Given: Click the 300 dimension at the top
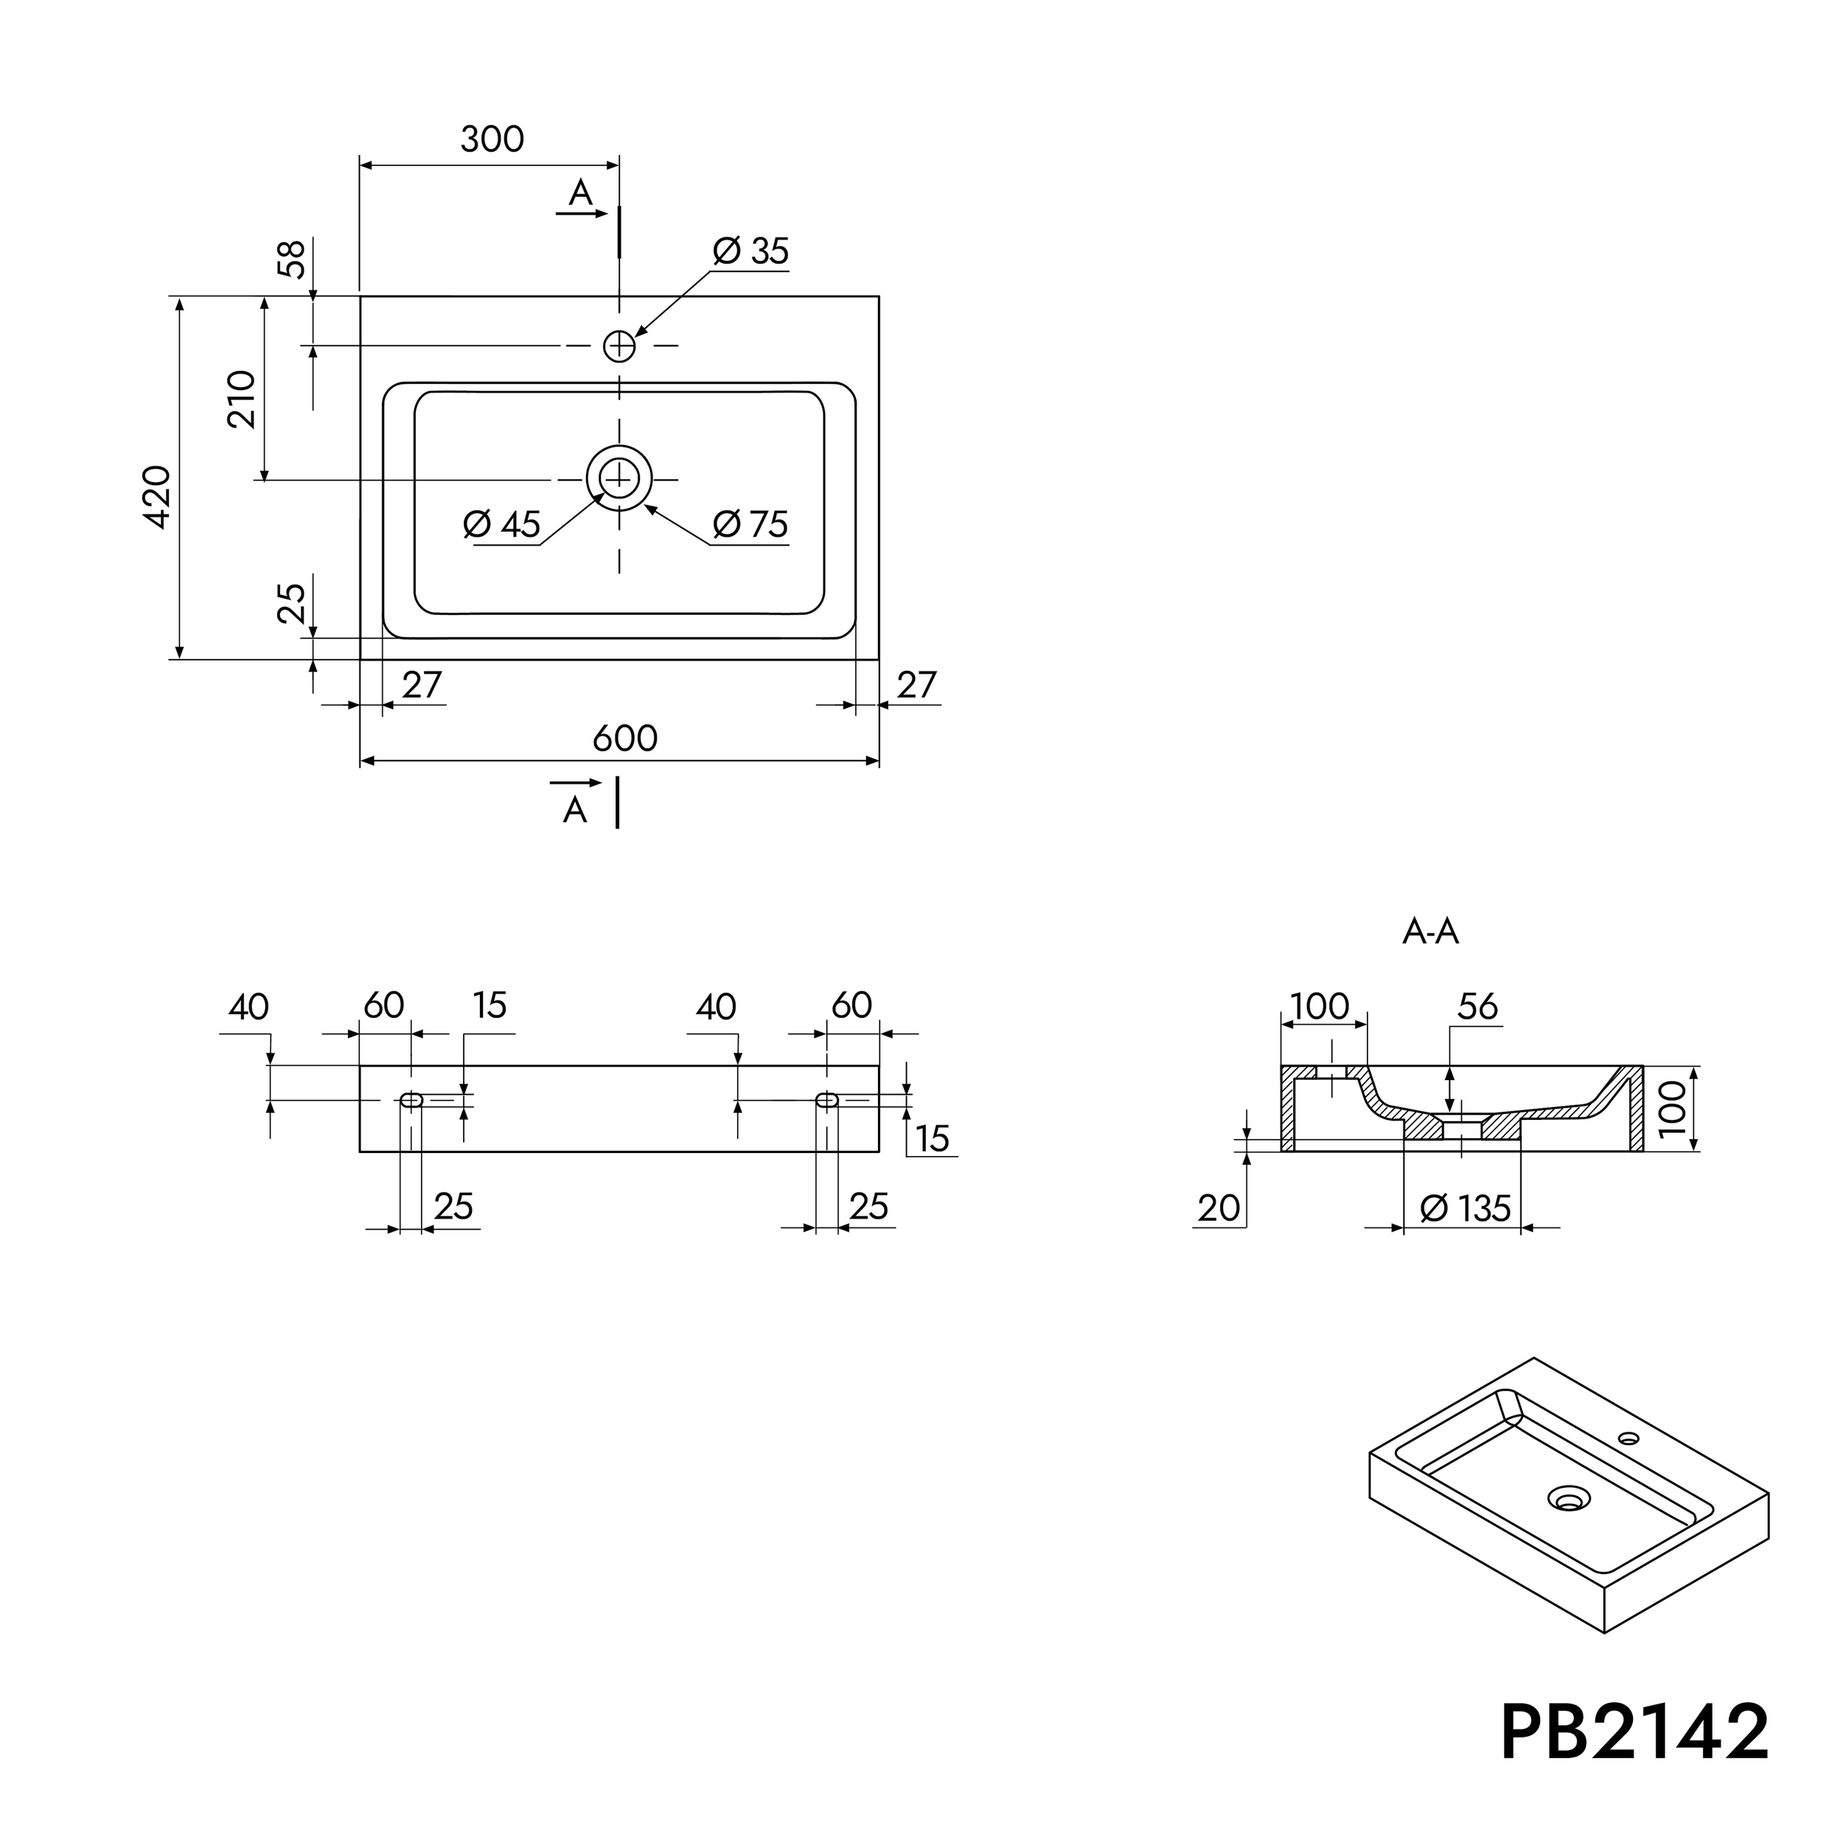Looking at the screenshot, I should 492,140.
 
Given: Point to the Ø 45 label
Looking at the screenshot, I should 502,525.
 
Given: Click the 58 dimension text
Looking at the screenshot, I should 292,259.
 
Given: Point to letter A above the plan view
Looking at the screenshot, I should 580,194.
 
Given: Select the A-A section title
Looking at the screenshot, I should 1430,931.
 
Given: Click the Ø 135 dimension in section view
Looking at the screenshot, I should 1466,1208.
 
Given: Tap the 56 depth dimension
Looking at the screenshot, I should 1477,1006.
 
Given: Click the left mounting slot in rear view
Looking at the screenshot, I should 411,1100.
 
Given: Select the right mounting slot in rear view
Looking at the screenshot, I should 827,1100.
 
